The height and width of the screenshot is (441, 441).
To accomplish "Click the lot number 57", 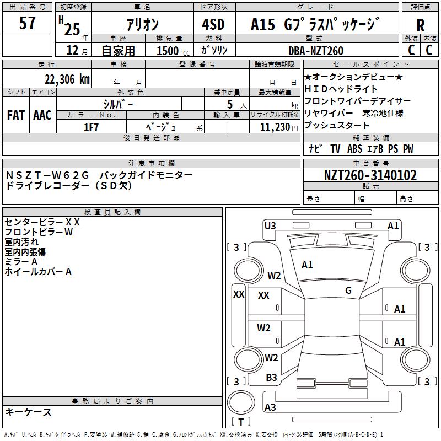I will [28, 24].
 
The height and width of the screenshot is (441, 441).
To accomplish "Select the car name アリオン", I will [142, 25].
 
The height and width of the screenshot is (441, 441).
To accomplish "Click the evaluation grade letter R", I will [420, 25].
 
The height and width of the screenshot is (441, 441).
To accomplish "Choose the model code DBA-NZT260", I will [315, 51].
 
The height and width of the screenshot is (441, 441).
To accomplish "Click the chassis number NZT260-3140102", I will [370, 176].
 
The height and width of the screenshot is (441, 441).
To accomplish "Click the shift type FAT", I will [16, 115].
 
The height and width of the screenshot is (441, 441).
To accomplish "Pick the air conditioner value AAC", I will [42, 115].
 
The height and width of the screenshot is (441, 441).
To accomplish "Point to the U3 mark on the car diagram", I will [270, 225].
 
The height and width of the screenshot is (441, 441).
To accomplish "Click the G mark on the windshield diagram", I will [348, 291].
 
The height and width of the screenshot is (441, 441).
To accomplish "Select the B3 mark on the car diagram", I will [272, 378].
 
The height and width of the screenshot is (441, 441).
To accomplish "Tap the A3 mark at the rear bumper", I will [270, 407].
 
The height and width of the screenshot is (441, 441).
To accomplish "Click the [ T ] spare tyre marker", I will [240, 422].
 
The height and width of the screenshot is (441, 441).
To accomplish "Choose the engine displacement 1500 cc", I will [168, 51].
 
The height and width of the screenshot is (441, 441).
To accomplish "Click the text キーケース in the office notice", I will [28, 412].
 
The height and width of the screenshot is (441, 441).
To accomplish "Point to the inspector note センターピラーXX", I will [42, 222].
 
